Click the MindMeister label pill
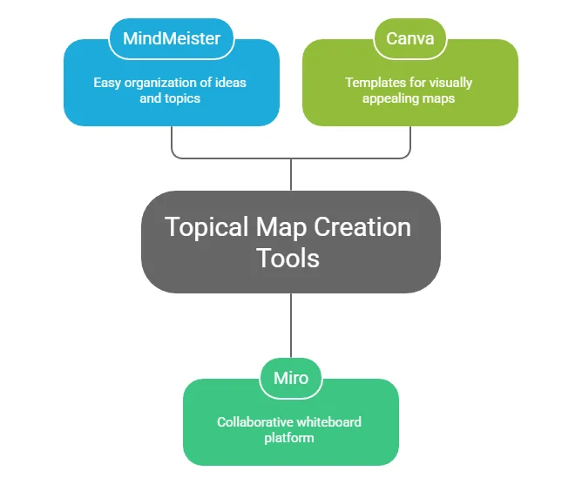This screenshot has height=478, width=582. click(172, 39)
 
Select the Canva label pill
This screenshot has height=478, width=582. click(409, 39)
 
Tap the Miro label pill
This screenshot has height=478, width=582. click(290, 379)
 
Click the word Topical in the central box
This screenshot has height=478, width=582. click(206, 227)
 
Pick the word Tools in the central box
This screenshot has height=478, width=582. click(288, 258)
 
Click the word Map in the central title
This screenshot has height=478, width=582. click(279, 227)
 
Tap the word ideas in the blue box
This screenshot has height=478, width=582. click(229, 83)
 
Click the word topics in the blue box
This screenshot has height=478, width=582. click(182, 98)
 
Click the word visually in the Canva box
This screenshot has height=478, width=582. click(450, 83)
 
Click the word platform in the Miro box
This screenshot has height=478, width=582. click(289, 438)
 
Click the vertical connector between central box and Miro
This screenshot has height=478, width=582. click(290, 327)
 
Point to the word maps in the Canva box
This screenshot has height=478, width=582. click(439, 98)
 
